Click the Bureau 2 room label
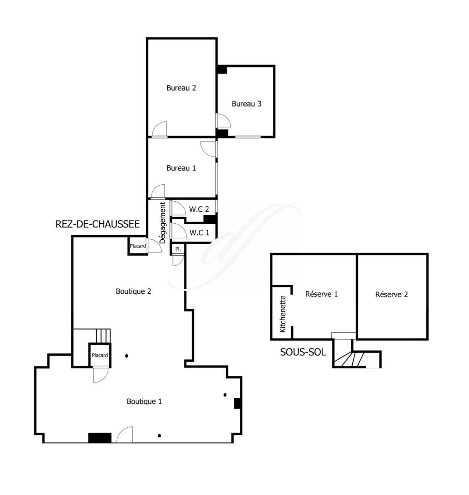click(x=181, y=88)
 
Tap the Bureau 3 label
click(x=247, y=104)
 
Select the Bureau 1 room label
click(x=181, y=168)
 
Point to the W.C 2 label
click(x=199, y=209)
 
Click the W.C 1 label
click(x=199, y=233)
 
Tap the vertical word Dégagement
click(x=163, y=223)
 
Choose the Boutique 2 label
click(x=134, y=291)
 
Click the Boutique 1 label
click(x=144, y=401)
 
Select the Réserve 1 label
click(x=321, y=294)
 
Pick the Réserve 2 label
click(x=391, y=294)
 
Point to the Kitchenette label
click(x=283, y=314)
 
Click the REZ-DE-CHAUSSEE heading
click(x=98, y=224)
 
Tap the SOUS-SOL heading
click(x=303, y=352)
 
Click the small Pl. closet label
click(x=178, y=249)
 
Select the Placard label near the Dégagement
click(x=138, y=246)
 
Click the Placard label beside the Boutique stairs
click(x=100, y=355)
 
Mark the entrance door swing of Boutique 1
click(x=125, y=435)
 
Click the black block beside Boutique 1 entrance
click(x=100, y=438)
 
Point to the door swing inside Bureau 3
click(x=223, y=120)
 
